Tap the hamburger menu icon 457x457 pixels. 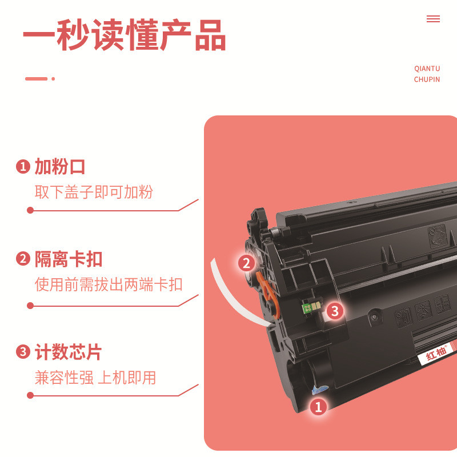(433, 19)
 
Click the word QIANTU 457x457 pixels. (427, 69)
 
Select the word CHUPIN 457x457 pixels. (427, 79)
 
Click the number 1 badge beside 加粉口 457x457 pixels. (22, 167)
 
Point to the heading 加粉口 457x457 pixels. (60, 167)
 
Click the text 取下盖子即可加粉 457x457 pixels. (94, 192)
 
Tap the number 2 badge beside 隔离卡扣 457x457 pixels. (22, 259)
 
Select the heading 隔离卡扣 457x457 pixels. (69, 259)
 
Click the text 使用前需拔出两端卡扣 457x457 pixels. (109, 284)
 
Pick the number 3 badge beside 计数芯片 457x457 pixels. (22, 352)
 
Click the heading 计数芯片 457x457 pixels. (69, 352)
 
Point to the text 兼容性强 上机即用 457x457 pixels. (95, 377)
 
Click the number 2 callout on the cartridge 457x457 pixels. (246, 263)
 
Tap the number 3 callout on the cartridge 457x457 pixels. (335, 311)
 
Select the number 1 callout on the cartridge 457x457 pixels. (318, 407)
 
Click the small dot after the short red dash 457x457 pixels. (53, 79)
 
